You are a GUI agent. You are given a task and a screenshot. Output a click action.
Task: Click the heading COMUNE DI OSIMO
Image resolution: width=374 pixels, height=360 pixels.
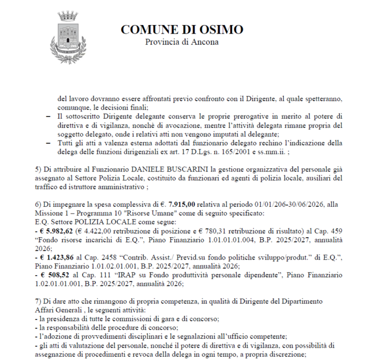tap(182, 29)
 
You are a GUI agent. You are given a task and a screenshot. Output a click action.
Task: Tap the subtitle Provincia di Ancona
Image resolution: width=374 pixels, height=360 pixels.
tap(182, 42)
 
